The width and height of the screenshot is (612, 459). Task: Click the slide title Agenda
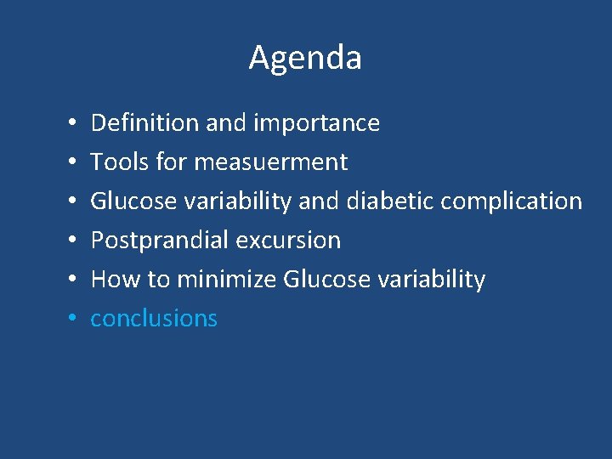[x=305, y=58]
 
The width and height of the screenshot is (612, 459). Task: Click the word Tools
[x=115, y=161]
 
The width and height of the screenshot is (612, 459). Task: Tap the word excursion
[x=289, y=241]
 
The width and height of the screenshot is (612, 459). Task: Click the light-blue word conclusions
[x=154, y=319]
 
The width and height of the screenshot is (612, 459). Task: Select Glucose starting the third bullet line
[x=133, y=201]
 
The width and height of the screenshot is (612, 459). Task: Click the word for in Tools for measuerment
[x=167, y=161]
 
